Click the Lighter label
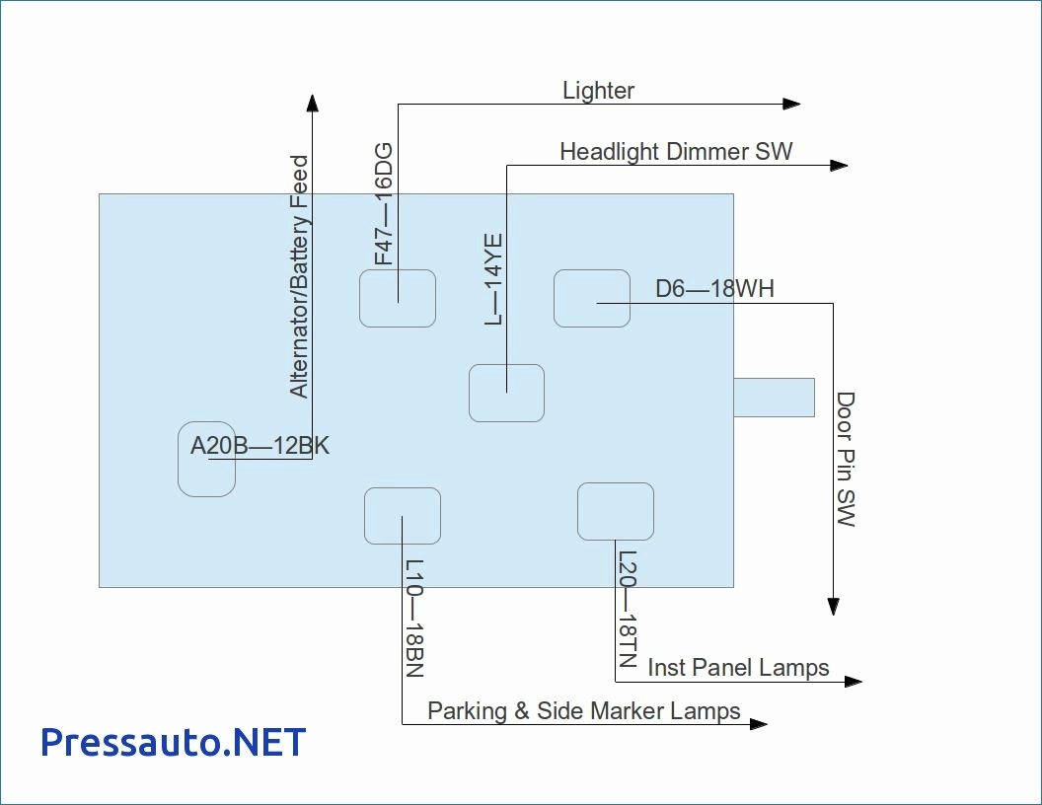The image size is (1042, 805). (x=598, y=91)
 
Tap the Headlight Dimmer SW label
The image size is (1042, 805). (x=676, y=152)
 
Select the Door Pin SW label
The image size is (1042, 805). (x=846, y=460)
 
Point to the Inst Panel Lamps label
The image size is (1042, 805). (x=738, y=668)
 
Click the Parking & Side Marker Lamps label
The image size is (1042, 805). (x=583, y=710)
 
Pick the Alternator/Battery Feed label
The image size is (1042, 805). (x=300, y=276)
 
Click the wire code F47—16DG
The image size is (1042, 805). (x=384, y=204)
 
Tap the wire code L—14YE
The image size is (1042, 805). (x=493, y=279)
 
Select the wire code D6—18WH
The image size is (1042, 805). (x=714, y=289)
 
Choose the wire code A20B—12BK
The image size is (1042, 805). (x=260, y=446)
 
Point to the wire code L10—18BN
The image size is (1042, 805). (x=414, y=619)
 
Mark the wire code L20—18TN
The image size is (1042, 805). (x=629, y=609)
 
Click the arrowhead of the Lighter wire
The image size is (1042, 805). (x=790, y=104)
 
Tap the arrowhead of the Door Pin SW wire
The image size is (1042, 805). (x=834, y=606)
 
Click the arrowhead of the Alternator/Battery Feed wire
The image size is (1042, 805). (x=313, y=104)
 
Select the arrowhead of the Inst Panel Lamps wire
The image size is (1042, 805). (x=853, y=681)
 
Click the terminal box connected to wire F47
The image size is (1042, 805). (x=397, y=298)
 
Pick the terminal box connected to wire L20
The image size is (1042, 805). (x=616, y=511)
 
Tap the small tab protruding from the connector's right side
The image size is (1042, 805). (x=774, y=397)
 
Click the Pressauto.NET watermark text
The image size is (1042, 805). (x=174, y=742)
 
